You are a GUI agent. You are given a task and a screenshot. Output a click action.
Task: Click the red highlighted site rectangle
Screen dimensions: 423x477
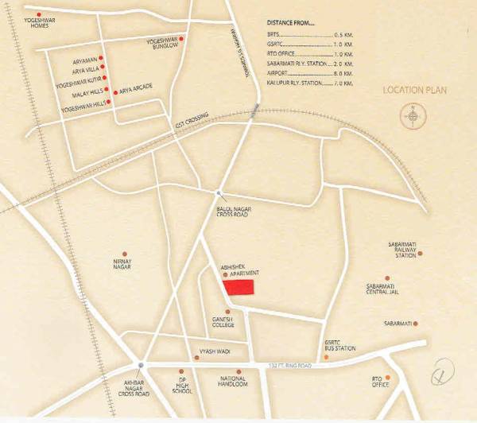(x=238, y=287)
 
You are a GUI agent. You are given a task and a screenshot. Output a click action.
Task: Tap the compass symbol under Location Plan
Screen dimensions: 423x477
(x=413, y=118)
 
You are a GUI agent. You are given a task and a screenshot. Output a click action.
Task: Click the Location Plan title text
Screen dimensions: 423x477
(x=414, y=91)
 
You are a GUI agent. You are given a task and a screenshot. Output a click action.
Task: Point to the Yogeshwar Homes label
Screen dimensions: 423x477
(x=25, y=22)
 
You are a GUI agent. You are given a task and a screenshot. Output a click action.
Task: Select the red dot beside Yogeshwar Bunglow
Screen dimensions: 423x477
(x=182, y=38)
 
